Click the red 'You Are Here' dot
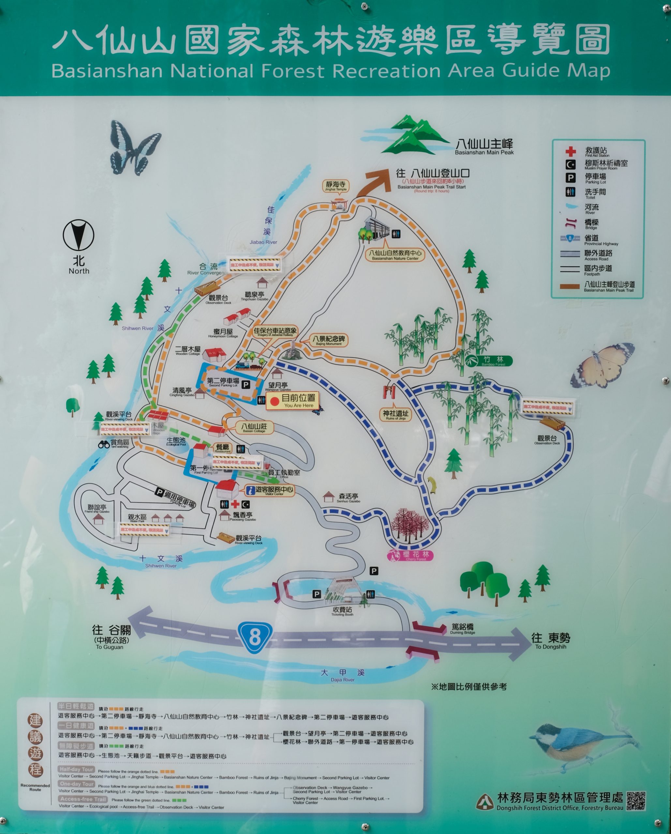click(275, 402)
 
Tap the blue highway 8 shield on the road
click(254, 636)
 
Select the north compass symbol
click(79, 235)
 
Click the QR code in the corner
click(636, 800)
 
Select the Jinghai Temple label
click(336, 186)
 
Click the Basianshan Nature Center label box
click(395, 255)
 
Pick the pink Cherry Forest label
click(410, 555)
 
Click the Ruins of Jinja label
click(395, 415)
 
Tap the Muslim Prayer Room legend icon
click(570, 165)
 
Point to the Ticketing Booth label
click(342, 611)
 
